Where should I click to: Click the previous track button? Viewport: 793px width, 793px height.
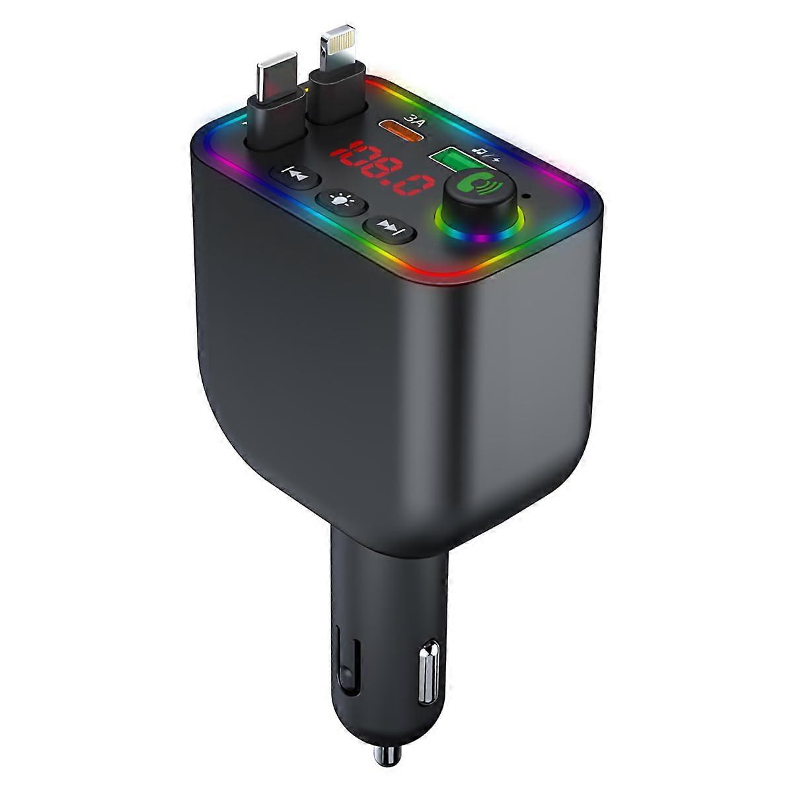[295, 176]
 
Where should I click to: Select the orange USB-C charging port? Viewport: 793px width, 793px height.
[401, 128]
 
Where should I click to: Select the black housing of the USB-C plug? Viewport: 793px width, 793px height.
[278, 119]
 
